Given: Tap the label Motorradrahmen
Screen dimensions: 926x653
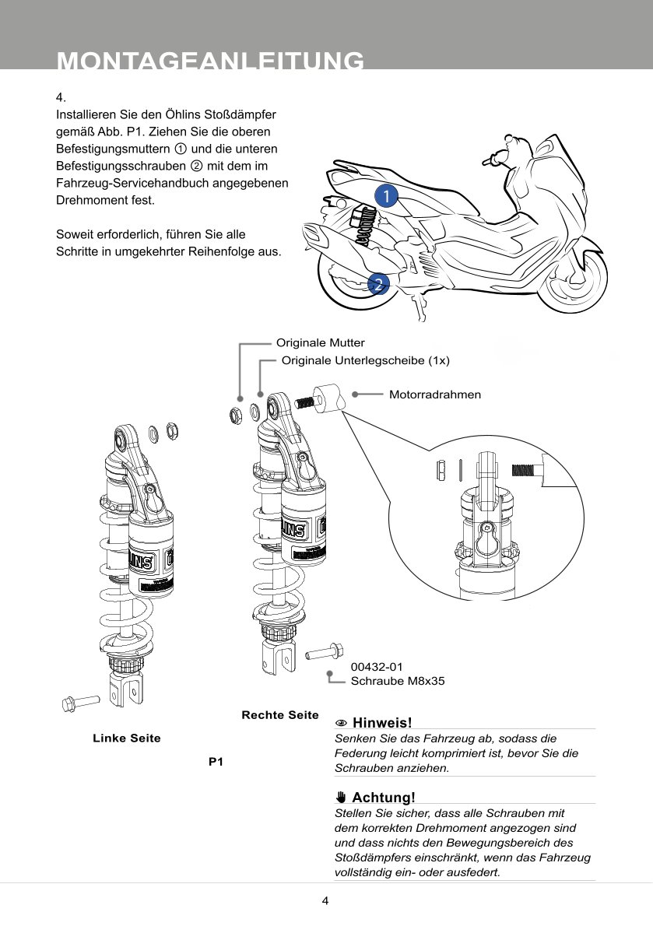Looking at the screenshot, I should [434, 395].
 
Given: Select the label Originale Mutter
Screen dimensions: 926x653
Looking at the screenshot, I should [320, 342].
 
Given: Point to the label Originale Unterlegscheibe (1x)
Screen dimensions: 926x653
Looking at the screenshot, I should [365, 360].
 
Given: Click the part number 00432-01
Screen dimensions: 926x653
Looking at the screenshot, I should [377, 667].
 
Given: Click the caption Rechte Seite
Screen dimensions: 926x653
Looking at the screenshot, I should [280, 715].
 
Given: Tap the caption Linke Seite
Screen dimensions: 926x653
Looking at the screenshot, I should [127, 738].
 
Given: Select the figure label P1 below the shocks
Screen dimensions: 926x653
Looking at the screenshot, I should [216, 763].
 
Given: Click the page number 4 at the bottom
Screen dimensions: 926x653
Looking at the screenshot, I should [325, 901].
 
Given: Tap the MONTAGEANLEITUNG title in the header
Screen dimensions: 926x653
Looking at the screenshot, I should [210, 61].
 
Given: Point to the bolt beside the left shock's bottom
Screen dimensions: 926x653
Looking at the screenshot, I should [79, 703].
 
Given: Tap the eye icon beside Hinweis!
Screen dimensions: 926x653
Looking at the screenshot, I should [340, 724].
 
